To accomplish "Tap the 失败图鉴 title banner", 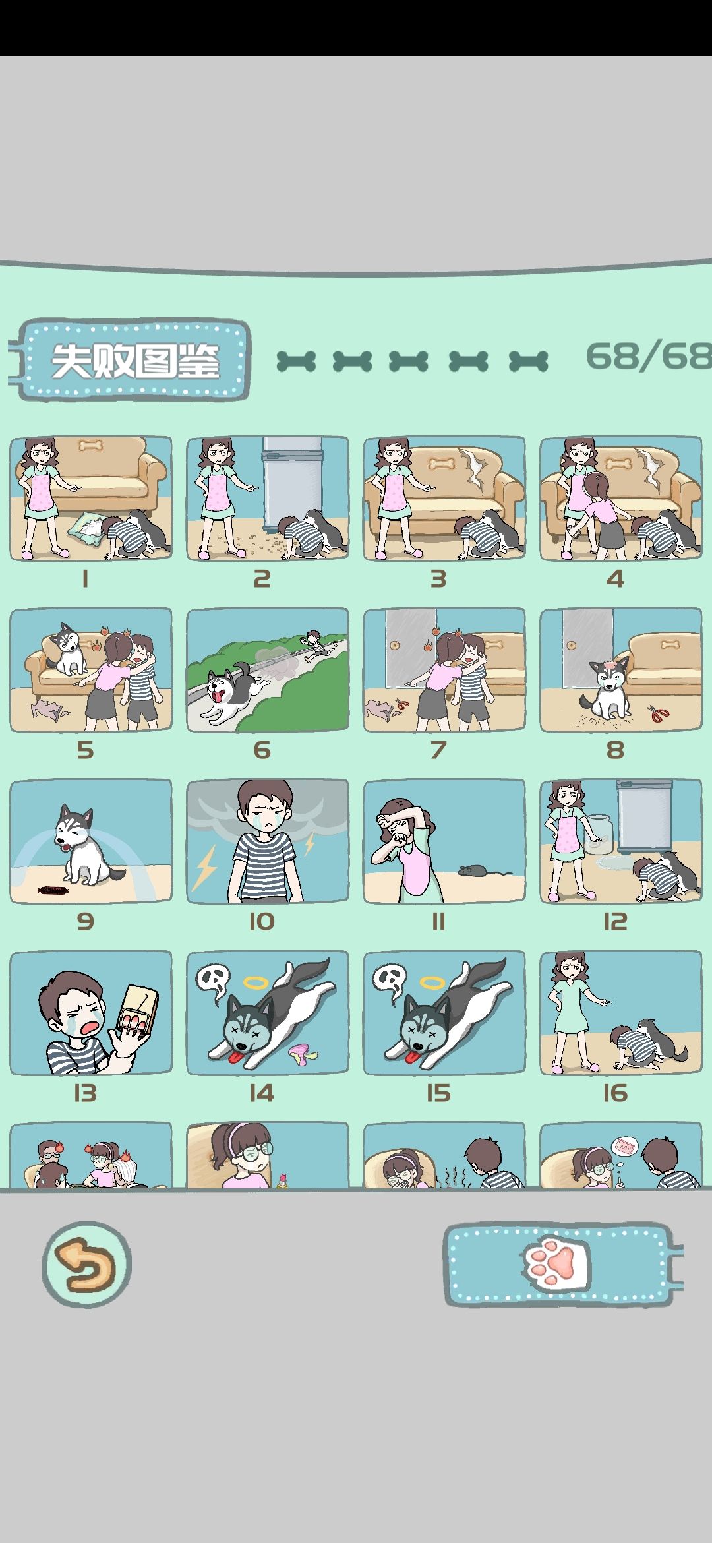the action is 134,361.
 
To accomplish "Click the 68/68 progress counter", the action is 648,357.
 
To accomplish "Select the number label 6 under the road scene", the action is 262,750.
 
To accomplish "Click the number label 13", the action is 85,1093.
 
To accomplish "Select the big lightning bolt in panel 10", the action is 204,866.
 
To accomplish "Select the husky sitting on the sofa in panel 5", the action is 68,649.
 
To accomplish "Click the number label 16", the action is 615,1093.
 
